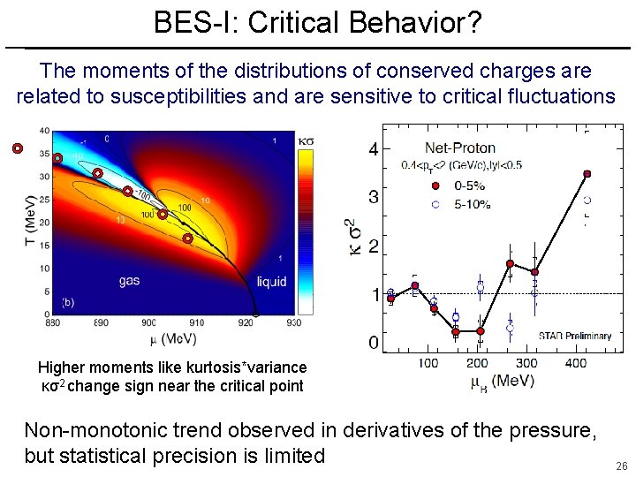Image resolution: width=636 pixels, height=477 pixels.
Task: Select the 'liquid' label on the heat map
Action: point(271,282)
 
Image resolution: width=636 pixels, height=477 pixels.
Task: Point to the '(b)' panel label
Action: point(68,302)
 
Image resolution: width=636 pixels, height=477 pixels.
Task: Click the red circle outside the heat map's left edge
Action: point(17,148)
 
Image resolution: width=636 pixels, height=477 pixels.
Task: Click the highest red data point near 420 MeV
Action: point(587,174)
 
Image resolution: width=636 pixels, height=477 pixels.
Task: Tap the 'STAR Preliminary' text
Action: point(575,336)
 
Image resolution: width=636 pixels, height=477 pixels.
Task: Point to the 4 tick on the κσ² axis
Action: point(374,150)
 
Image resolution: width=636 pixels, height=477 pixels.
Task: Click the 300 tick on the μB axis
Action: point(527,363)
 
